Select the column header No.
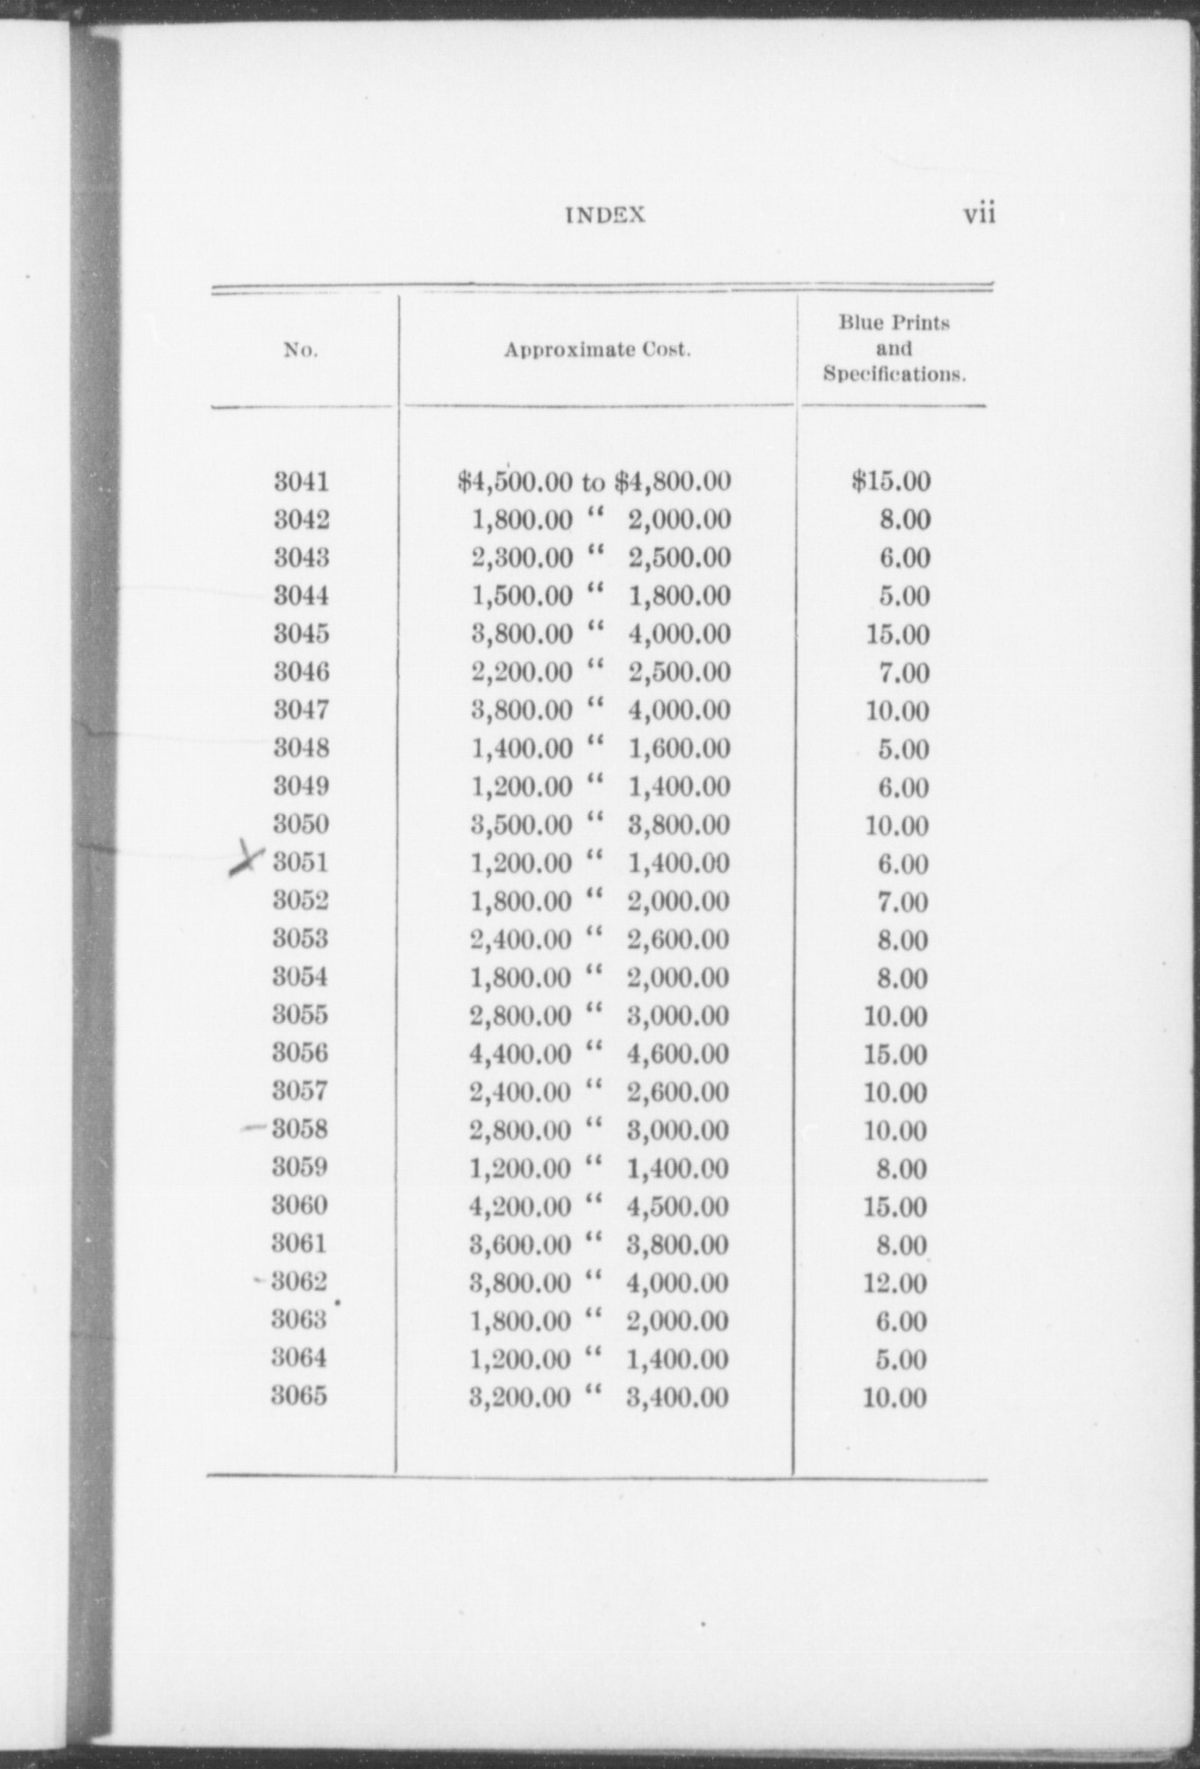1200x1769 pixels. [300, 350]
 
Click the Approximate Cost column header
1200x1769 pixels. [596, 349]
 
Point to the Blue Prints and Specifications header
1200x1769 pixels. [893, 348]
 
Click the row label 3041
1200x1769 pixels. [301, 481]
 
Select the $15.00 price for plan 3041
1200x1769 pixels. [890, 481]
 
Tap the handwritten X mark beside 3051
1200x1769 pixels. [246, 858]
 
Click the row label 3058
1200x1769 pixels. [300, 1128]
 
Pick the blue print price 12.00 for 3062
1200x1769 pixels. [895, 1283]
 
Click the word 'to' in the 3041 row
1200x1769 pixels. [593, 482]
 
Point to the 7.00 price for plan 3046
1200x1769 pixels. [904, 672]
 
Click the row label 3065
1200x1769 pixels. [299, 1395]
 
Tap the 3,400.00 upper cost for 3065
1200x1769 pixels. [677, 1397]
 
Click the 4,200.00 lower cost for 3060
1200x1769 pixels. [520, 1207]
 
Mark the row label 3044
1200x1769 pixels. [301, 595]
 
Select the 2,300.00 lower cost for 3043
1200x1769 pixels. [522, 557]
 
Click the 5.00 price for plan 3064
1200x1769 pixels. [902, 1359]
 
